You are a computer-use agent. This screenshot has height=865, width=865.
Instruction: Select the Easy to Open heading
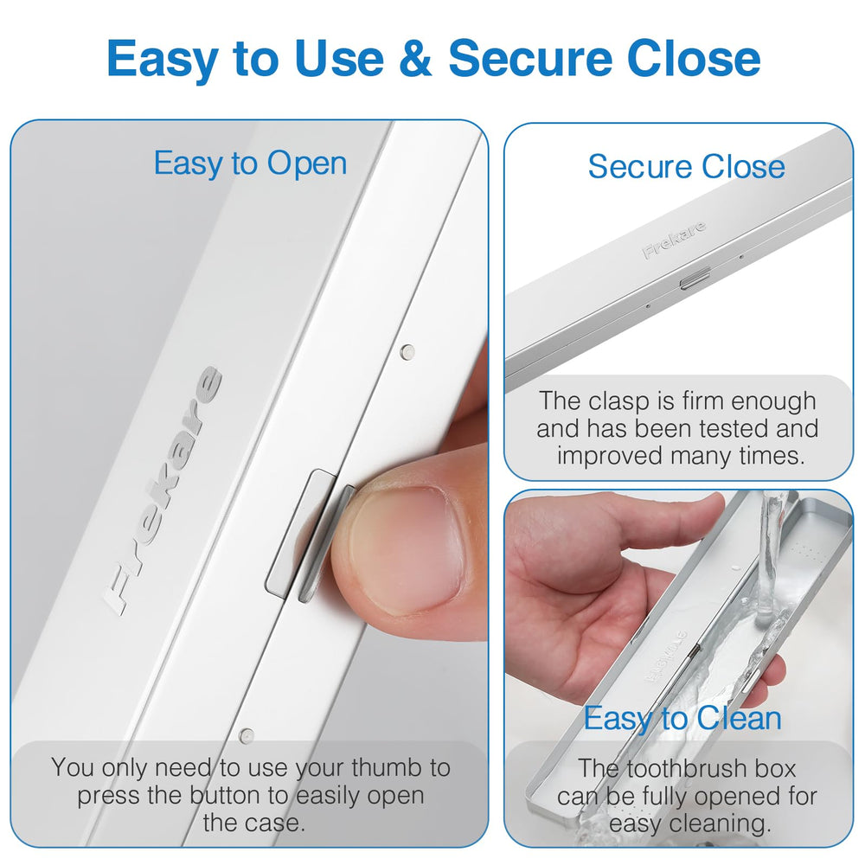(x=250, y=163)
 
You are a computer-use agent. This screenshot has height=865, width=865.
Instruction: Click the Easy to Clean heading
(x=682, y=718)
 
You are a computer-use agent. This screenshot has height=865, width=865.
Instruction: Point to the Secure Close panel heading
(x=686, y=166)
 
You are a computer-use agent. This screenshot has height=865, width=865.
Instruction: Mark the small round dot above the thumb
(x=407, y=352)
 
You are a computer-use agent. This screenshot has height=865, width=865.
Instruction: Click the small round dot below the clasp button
(x=247, y=736)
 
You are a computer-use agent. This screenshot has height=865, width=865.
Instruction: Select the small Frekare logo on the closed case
(x=674, y=240)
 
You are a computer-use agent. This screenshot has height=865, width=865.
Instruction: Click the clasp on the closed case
(x=695, y=278)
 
